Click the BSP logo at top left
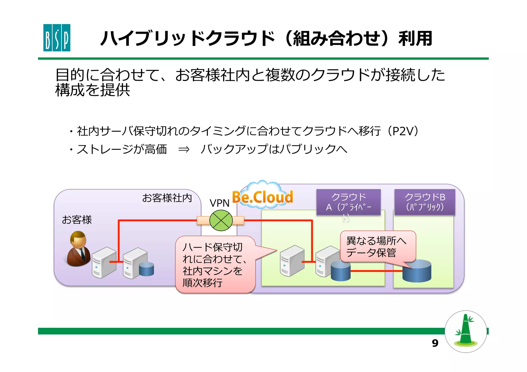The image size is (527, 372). pos(57,38)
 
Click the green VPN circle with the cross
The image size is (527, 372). pos(221,220)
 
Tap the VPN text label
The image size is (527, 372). pos(219,203)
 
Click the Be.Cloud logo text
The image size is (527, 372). pos(262,197)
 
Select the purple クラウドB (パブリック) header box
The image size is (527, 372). pos(425,202)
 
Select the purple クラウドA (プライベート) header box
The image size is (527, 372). pos(348,202)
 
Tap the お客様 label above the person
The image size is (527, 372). pos(77,220)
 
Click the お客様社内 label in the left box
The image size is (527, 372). pos(167,198)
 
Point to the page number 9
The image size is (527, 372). pos(435,343)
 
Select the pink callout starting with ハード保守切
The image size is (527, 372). pos(215,265)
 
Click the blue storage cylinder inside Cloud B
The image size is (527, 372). pos(417,271)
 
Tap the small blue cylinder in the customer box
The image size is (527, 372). pos(146,269)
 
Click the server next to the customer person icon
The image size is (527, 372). pos(104,262)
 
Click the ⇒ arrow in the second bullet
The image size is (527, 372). pos(184,149)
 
